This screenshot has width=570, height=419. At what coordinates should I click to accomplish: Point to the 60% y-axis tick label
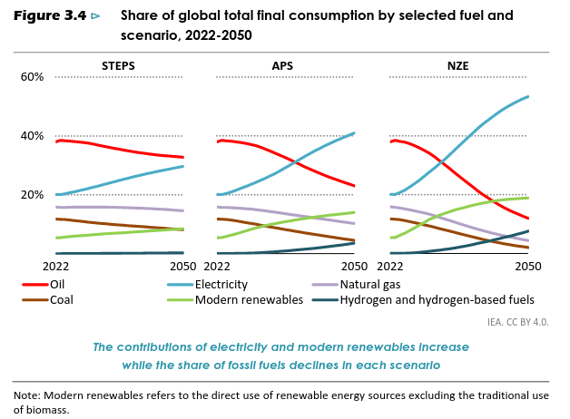click(31, 77)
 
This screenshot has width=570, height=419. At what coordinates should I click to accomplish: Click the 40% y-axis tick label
click(31, 136)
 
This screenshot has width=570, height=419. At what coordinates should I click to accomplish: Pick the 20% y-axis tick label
click(31, 195)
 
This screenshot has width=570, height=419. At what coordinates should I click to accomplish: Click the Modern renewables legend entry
click(249, 299)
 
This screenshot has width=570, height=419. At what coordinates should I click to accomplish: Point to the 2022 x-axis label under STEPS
click(55, 267)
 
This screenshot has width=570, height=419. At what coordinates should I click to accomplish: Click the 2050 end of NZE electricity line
click(528, 97)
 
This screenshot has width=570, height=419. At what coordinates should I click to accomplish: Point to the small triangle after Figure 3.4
click(95, 16)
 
